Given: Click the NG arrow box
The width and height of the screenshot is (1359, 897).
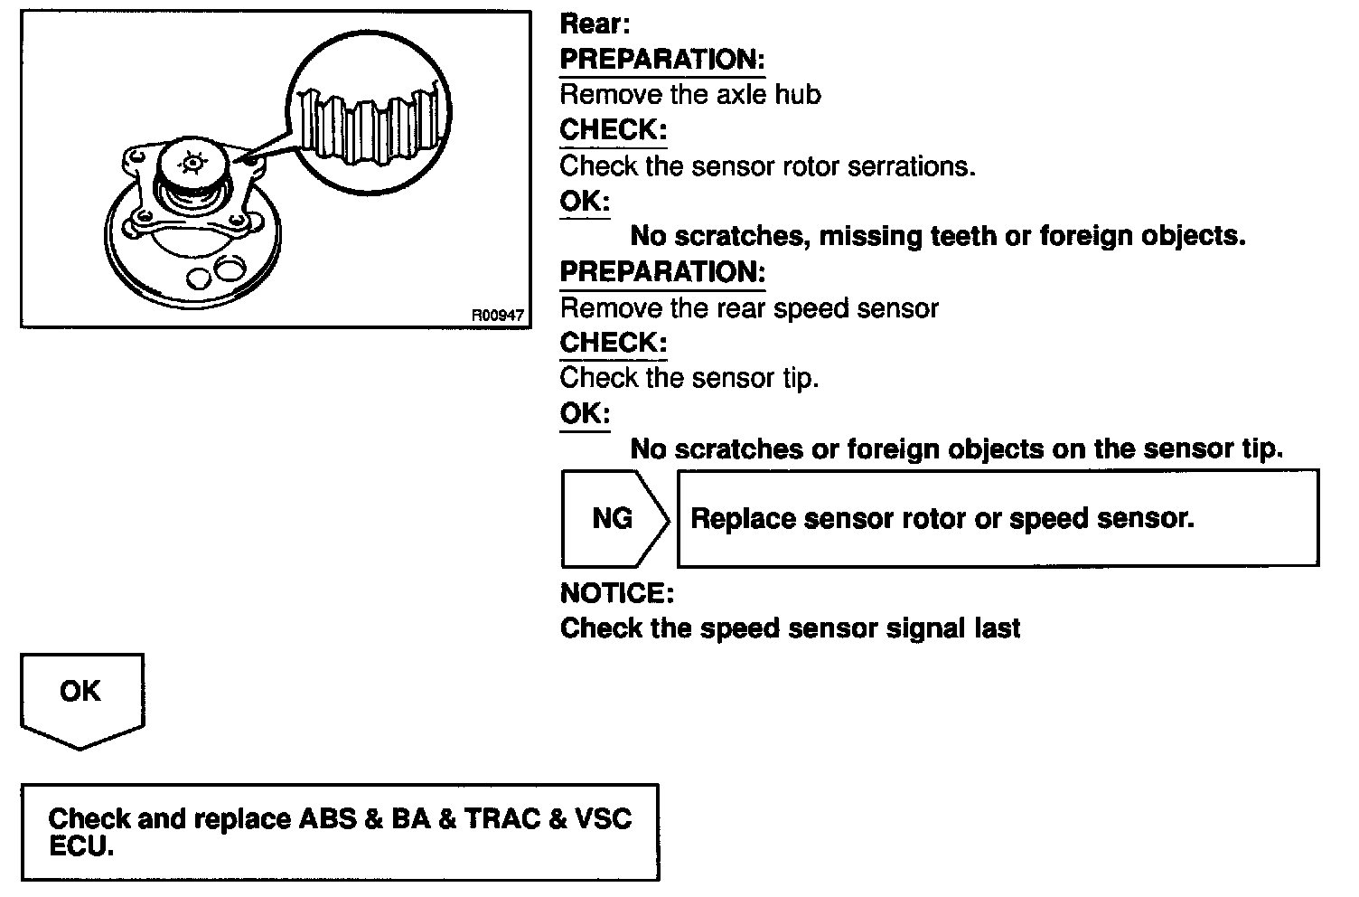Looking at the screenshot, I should (x=614, y=518).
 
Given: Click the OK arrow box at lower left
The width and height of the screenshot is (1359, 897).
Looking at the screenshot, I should (x=81, y=696).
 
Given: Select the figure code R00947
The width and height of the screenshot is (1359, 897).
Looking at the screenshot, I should (x=497, y=316).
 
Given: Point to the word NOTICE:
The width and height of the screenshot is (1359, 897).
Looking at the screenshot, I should (x=617, y=593).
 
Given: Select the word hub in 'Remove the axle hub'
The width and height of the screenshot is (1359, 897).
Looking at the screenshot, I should (x=799, y=95).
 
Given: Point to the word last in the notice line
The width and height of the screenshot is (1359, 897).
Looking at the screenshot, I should (x=997, y=628).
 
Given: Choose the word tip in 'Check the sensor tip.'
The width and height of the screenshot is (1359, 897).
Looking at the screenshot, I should (x=800, y=378).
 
